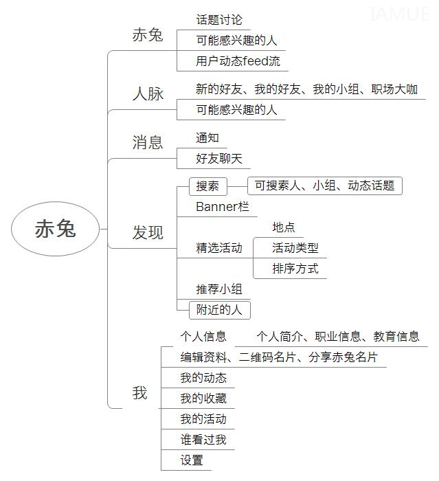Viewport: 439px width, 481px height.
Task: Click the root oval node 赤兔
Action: coord(56,229)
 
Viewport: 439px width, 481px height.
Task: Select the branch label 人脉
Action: coord(148,93)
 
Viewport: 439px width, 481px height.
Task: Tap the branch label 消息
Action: coord(148,143)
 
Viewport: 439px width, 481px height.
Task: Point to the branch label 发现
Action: coord(148,232)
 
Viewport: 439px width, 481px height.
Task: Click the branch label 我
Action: coord(140,393)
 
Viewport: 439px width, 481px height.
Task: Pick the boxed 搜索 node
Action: coord(208,186)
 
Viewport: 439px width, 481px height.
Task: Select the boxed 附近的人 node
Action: coord(220,310)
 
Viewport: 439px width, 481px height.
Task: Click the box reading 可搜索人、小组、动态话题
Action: coord(324,186)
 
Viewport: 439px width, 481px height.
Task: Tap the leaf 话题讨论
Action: coord(219,20)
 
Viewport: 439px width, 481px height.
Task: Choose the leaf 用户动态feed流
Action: coord(238,61)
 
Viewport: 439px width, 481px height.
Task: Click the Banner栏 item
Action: coord(223,206)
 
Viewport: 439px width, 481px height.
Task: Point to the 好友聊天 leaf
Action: coord(219,159)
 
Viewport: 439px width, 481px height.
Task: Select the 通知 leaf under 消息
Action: coord(207,138)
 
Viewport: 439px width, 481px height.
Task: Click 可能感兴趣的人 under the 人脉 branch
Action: coord(236,109)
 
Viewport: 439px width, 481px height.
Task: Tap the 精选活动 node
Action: coord(219,248)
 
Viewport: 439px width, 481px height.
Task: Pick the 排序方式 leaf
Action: coord(295,269)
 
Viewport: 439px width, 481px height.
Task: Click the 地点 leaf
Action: coord(284,227)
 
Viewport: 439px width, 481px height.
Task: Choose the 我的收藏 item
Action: coord(204,399)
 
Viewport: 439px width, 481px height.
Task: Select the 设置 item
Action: coord(192,460)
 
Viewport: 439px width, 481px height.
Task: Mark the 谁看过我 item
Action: coord(204,440)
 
